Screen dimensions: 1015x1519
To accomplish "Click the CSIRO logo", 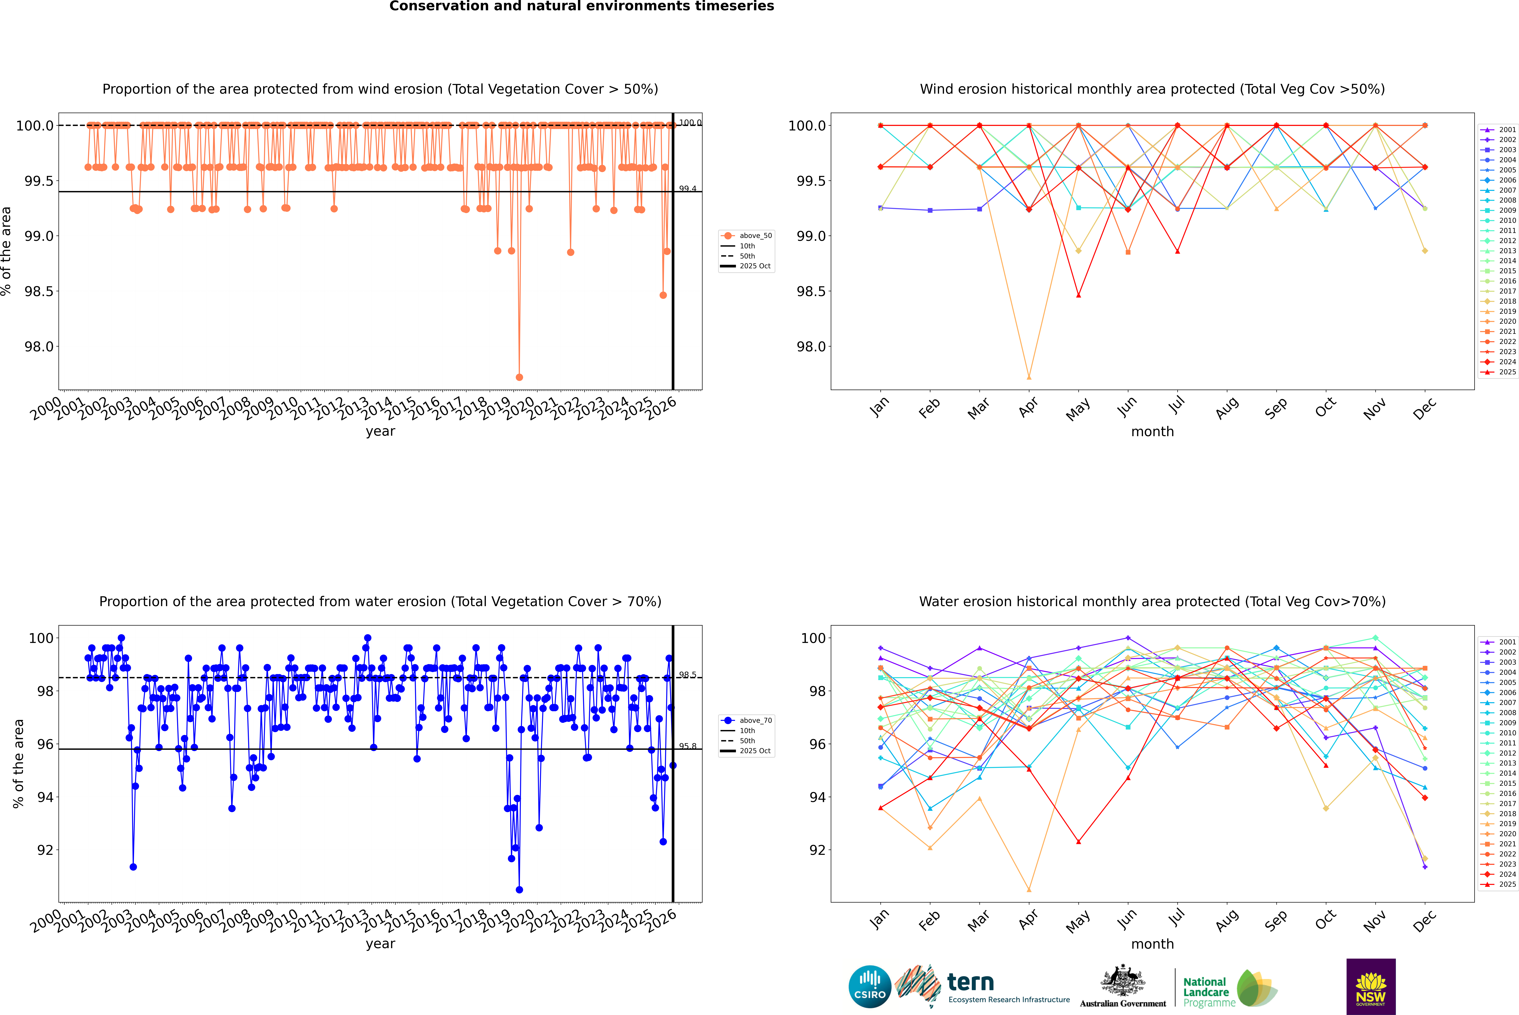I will tap(870, 987).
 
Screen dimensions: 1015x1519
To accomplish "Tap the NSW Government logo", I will tap(1371, 987).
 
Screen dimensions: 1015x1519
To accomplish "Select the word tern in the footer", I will tap(970, 982).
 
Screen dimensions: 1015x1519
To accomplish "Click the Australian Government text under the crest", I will tap(1123, 1003).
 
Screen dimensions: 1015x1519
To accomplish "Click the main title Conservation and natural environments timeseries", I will tap(581, 6).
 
